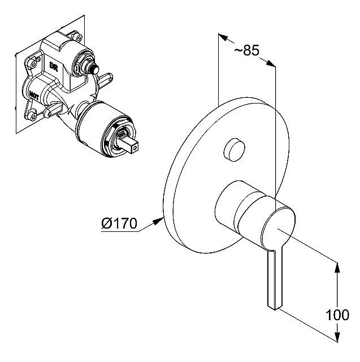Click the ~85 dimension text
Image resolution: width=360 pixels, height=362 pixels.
246,51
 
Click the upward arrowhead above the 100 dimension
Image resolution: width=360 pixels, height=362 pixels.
338,267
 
